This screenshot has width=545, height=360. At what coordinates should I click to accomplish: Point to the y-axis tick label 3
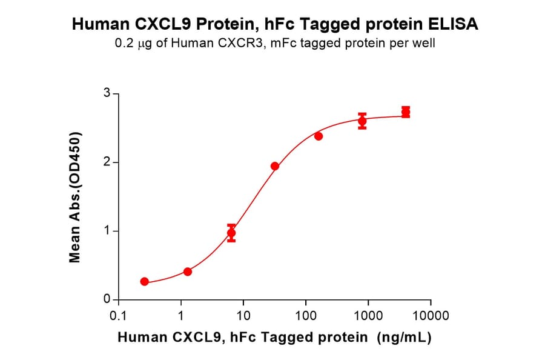tap(107, 93)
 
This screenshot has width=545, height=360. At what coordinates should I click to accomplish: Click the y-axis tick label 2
tap(107, 162)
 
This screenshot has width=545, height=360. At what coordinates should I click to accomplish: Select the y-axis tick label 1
tap(107, 231)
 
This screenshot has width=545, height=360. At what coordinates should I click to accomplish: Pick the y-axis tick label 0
tap(107, 299)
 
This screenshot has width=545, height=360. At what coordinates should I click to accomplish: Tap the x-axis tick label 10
tap(243, 315)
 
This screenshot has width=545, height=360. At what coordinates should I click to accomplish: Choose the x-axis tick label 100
tap(305, 315)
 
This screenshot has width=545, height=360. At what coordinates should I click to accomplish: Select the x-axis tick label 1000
tap(368, 315)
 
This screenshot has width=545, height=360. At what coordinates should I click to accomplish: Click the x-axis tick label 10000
tap(431, 315)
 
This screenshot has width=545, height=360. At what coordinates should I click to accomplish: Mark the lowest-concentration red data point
tap(144, 281)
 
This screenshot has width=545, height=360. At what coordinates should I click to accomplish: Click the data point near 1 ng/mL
tap(188, 272)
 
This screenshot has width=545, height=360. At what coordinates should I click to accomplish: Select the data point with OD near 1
tap(231, 233)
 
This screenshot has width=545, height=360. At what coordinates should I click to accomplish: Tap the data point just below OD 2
tap(275, 166)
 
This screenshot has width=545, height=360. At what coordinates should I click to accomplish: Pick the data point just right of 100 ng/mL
tap(319, 136)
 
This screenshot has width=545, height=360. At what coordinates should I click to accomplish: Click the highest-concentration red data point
tap(406, 112)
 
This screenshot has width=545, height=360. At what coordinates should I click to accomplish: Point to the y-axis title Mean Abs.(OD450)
tap(75, 197)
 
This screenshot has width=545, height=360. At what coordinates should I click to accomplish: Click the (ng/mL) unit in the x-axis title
tap(403, 338)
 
